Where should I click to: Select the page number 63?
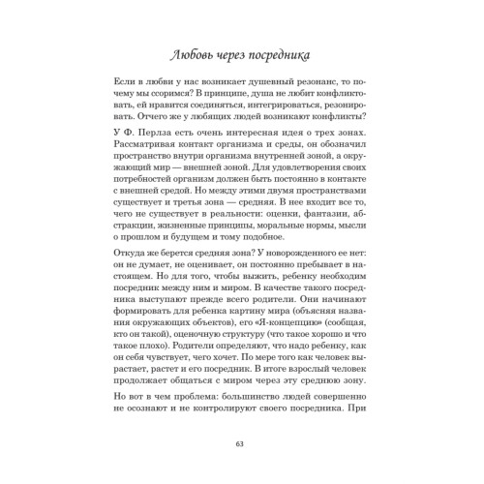(x=241, y=444)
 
